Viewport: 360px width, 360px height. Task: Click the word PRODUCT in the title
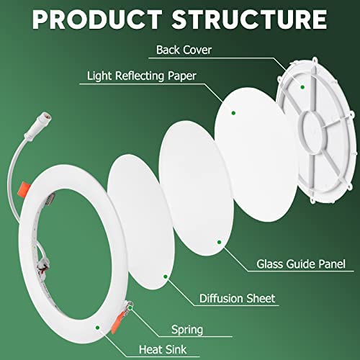(97, 19)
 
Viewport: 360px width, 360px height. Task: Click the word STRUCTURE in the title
(249, 19)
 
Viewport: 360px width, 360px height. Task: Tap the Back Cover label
(184, 50)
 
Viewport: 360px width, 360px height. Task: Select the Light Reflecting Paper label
(142, 76)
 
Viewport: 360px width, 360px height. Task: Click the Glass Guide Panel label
(301, 264)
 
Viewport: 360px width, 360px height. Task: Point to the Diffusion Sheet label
(237, 298)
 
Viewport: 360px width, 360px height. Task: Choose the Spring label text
(187, 330)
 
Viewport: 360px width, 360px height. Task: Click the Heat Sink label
(163, 349)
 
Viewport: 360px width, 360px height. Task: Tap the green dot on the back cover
(302, 87)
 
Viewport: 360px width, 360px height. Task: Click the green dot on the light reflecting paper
(233, 113)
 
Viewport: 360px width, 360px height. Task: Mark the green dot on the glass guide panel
(219, 242)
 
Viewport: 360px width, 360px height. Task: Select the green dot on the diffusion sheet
(166, 276)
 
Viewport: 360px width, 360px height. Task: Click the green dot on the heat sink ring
(97, 328)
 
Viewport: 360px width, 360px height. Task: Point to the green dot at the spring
(130, 307)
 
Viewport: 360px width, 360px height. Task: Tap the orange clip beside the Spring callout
(117, 322)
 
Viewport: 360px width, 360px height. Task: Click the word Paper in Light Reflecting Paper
(182, 76)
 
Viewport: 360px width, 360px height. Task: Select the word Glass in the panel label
(270, 264)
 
